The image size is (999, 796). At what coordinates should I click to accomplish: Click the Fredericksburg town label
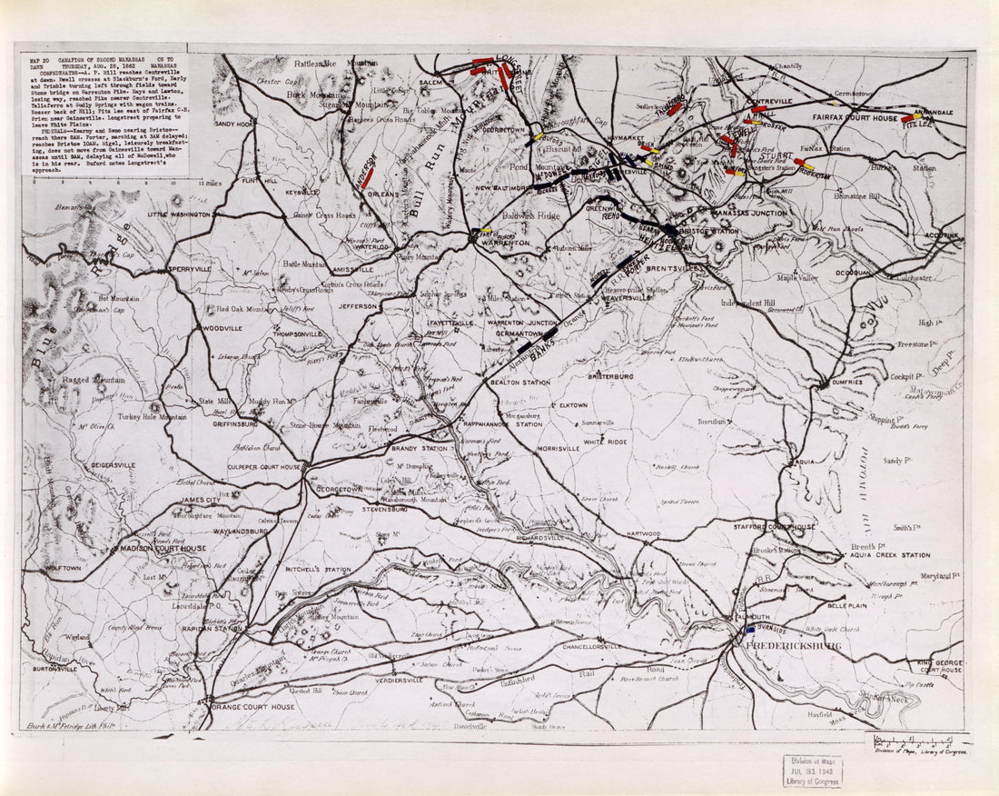pos(792,646)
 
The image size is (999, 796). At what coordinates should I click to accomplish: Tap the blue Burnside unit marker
pos(750,628)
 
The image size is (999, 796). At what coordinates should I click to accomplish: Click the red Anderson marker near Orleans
pos(367,175)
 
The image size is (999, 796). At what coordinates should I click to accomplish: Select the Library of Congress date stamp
pos(812,771)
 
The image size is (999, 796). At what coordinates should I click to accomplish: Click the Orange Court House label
pos(253,707)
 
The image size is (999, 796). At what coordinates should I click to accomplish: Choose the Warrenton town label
pos(505,244)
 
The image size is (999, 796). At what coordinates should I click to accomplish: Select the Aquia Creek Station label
pos(890,555)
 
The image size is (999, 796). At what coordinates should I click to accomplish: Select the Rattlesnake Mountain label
pos(335,64)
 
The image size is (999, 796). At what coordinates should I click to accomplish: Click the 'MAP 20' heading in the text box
pos(40,58)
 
